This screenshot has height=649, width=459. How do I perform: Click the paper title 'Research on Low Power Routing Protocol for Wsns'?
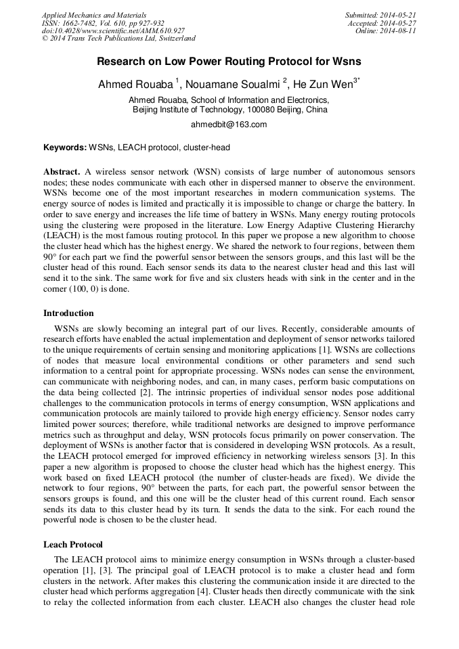[x=229, y=62]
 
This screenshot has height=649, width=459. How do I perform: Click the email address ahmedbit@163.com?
[x=229, y=125]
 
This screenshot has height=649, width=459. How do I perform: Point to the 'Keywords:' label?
[x=65, y=148]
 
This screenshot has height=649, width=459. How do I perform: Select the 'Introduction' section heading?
[x=68, y=313]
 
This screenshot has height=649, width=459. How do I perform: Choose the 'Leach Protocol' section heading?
[x=74, y=544]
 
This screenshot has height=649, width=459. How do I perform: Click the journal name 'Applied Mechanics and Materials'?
[x=94, y=15]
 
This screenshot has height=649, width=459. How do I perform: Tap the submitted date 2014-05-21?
[x=397, y=15]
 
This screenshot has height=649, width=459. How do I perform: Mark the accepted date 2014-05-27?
[x=397, y=23]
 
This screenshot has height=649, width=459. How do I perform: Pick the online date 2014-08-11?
[x=397, y=31]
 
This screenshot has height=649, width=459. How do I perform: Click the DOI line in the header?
[x=113, y=31]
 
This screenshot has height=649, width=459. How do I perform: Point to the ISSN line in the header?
[x=103, y=23]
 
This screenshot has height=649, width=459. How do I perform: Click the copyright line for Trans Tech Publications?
[x=118, y=39]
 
